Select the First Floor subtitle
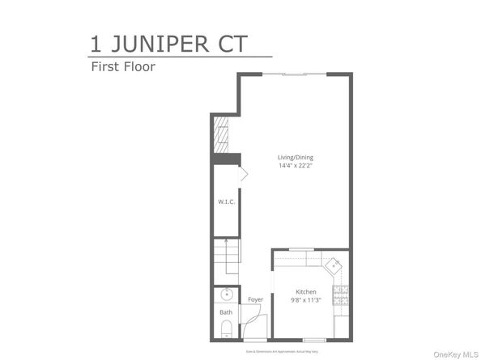[x=121, y=67]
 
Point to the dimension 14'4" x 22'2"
[x=292, y=166]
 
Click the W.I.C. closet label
[x=226, y=201]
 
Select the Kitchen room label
[x=305, y=291]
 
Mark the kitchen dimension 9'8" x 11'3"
[x=305, y=300]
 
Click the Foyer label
[x=256, y=299]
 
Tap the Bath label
[x=226, y=312]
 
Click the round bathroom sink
[x=226, y=294]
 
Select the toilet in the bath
[x=226, y=328]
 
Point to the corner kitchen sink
[x=333, y=264]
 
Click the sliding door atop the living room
[x=295, y=74]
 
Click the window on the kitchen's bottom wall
[x=314, y=340]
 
